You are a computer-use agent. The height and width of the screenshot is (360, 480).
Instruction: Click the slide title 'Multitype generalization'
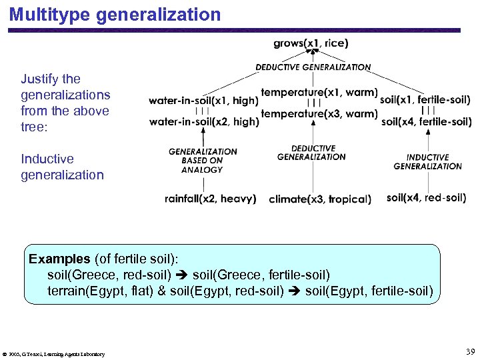pos(115,15)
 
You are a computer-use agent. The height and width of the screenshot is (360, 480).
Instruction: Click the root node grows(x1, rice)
pos(311,44)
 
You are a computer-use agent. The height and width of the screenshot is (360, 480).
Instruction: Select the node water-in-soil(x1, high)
pos(203,101)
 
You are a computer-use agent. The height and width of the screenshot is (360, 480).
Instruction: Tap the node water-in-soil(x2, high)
pos(203,121)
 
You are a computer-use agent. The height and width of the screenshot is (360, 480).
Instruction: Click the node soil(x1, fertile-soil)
pos(425,100)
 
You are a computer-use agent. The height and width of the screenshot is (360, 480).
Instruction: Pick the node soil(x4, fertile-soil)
pos(426,121)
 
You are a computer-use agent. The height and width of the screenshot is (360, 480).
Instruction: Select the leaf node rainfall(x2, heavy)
pos(210,199)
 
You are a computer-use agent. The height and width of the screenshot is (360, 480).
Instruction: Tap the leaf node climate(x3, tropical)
pos(320,199)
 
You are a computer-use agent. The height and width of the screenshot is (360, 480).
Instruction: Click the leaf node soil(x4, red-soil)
pos(426,197)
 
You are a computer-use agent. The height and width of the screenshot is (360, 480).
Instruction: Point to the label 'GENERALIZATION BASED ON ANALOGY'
pos(203,160)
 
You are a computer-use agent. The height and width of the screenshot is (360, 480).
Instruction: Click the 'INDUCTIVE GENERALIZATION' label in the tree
pos(427,162)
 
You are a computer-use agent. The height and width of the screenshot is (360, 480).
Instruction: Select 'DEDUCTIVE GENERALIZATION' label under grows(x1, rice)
pos(313,67)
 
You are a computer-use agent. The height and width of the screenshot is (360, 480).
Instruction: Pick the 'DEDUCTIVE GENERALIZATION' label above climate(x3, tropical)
pos(311,153)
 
